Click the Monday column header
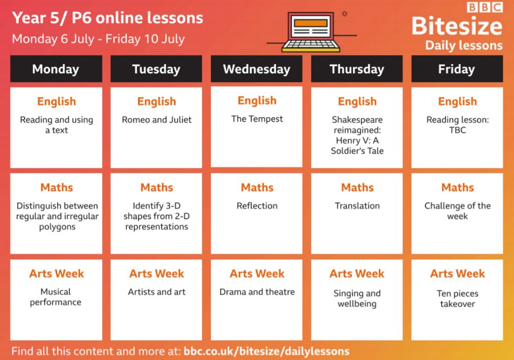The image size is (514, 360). point(56,69)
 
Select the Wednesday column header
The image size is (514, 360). point(256,69)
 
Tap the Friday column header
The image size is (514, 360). point(457,69)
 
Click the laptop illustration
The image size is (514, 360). point(310,32)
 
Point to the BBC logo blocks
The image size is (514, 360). point(485,7)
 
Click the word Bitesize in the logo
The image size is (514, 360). point(457,26)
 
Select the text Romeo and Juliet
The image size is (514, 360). point(157,119)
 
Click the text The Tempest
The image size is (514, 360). point(257,118)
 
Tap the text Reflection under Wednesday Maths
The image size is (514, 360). point(257,206)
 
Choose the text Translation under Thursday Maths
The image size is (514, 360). point(357,206)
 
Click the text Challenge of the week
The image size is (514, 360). point(457,211)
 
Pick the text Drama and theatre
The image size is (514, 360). point(257,291)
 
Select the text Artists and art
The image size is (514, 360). point(157,291)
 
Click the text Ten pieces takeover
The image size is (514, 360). point(457,298)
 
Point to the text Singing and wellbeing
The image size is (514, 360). point(357,298)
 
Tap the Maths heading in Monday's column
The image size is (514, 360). point(57,188)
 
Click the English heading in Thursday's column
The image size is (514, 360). point(357,102)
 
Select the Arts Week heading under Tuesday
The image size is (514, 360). point(157,274)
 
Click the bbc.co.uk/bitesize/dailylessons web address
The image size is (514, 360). point(266,351)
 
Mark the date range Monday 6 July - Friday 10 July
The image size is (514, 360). point(99,39)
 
